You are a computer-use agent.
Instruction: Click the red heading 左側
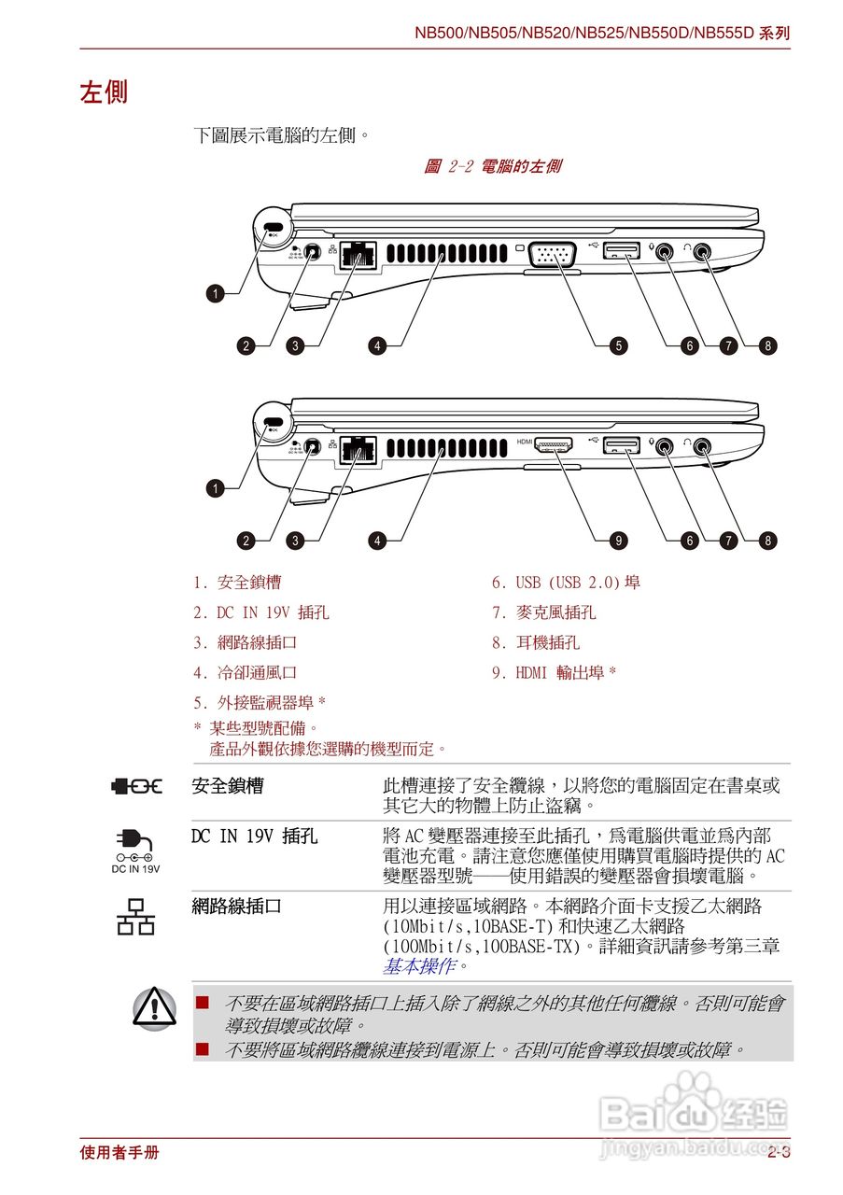click(x=104, y=92)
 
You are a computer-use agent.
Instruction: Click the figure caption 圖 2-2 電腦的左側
click(x=492, y=167)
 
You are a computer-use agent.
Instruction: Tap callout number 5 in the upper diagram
click(x=619, y=345)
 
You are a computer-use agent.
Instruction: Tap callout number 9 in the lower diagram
click(x=619, y=540)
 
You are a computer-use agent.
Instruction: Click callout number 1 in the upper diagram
click(x=216, y=294)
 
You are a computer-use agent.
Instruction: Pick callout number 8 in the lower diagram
click(x=767, y=540)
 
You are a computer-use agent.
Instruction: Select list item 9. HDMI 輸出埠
click(x=555, y=672)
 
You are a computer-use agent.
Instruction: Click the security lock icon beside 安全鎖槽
click(x=136, y=786)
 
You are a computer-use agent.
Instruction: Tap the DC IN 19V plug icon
click(x=135, y=844)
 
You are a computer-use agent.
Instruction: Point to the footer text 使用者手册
click(x=119, y=1153)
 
